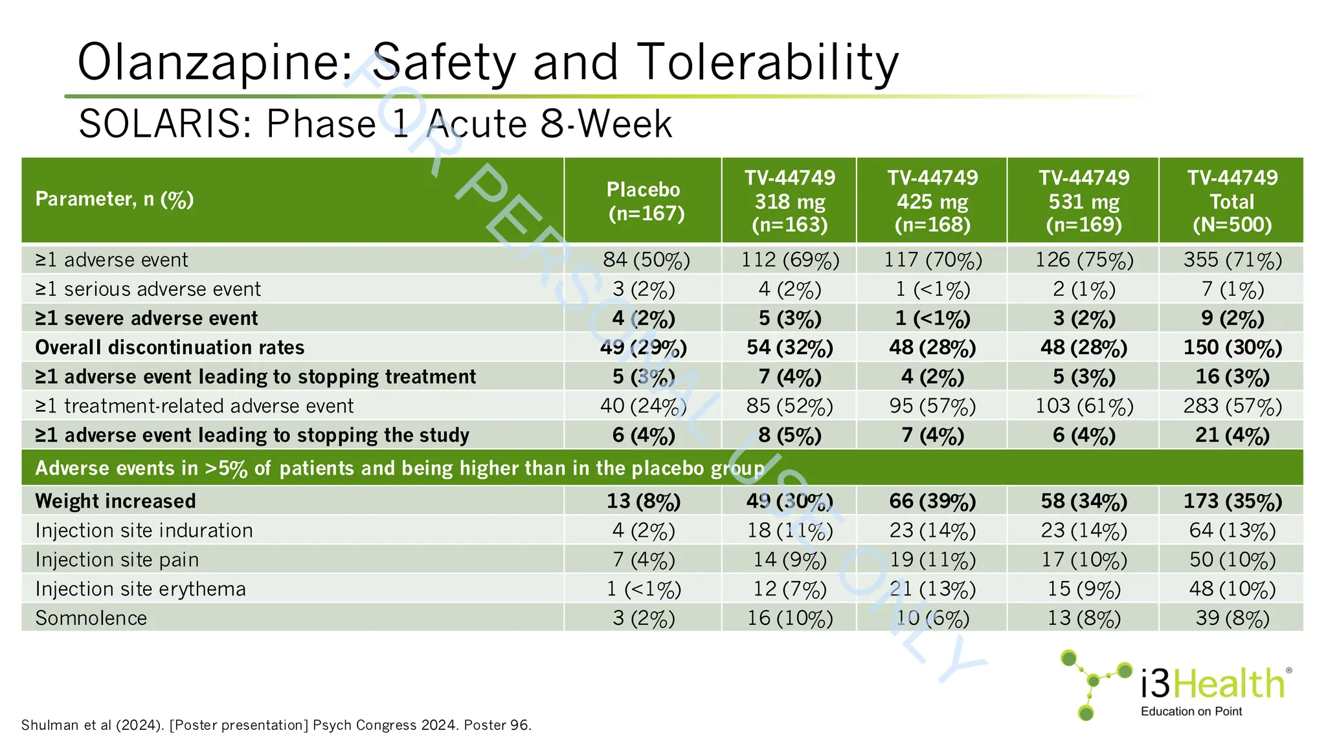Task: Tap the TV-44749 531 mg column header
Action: (x=1084, y=201)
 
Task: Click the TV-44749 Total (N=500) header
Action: (x=1232, y=201)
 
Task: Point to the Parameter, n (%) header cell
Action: (x=115, y=199)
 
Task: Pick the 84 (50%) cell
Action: (x=646, y=260)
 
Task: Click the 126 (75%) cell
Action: (x=1084, y=260)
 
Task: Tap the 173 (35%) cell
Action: (x=1232, y=501)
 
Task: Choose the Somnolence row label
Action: (x=91, y=618)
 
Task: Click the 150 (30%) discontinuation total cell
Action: (x=1232, y=348)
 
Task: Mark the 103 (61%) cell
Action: (x=1084, y=406)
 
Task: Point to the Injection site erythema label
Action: (x=140, y=589)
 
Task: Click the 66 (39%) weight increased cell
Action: (x=932, y=501)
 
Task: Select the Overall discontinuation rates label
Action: (x=170, y=348)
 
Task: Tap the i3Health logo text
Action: (x=1212, y=684)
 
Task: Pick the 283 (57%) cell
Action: (x=1232, y=406)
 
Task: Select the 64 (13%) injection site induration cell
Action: (x=1232, y=531)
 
